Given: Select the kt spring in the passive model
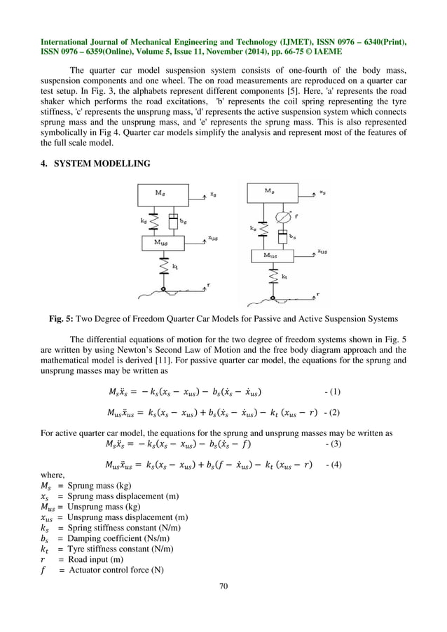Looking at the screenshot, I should pos(163,268).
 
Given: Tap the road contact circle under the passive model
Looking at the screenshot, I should pos(163,288).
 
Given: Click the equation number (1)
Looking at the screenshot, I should pos(335,389).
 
